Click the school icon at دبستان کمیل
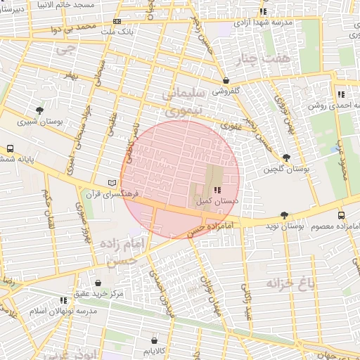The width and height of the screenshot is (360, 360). pyautogui.click(x=217, y=190)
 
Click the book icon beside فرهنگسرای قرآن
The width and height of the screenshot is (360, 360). pyautogui.click(x=110, y=182)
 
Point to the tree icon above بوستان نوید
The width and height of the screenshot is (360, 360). pyautogui.click(x=284, y=214)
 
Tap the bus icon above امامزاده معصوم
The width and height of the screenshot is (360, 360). pyautogui.click(x=341, y=215)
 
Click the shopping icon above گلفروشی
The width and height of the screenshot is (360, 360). pyautogui.click(x=226, y=80)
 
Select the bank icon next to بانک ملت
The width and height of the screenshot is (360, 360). pyautogui.click(x=117, y=22)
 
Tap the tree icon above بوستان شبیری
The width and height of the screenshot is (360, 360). pyautogui.click(x=39, y=110)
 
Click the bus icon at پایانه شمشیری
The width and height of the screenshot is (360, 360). pyautogui.click(x=10, y=149)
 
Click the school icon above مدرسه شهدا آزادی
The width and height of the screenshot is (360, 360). pyautogui.click(x=263, y=12)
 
